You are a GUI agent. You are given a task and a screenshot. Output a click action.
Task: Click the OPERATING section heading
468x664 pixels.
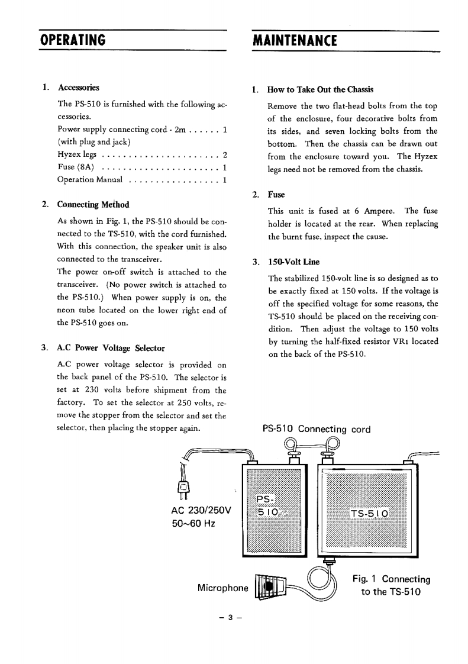coord(73,40)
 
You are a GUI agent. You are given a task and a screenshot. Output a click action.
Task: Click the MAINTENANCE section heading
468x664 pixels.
coord(294,40)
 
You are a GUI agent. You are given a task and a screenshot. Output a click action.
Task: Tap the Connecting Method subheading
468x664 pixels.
coord(92,205)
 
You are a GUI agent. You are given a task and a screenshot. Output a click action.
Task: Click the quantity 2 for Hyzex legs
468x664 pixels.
coord(225,156)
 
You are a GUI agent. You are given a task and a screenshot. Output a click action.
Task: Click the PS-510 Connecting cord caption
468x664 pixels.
coord(317,429)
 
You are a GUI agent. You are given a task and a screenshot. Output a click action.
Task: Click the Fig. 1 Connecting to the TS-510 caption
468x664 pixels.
coord(390,585)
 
